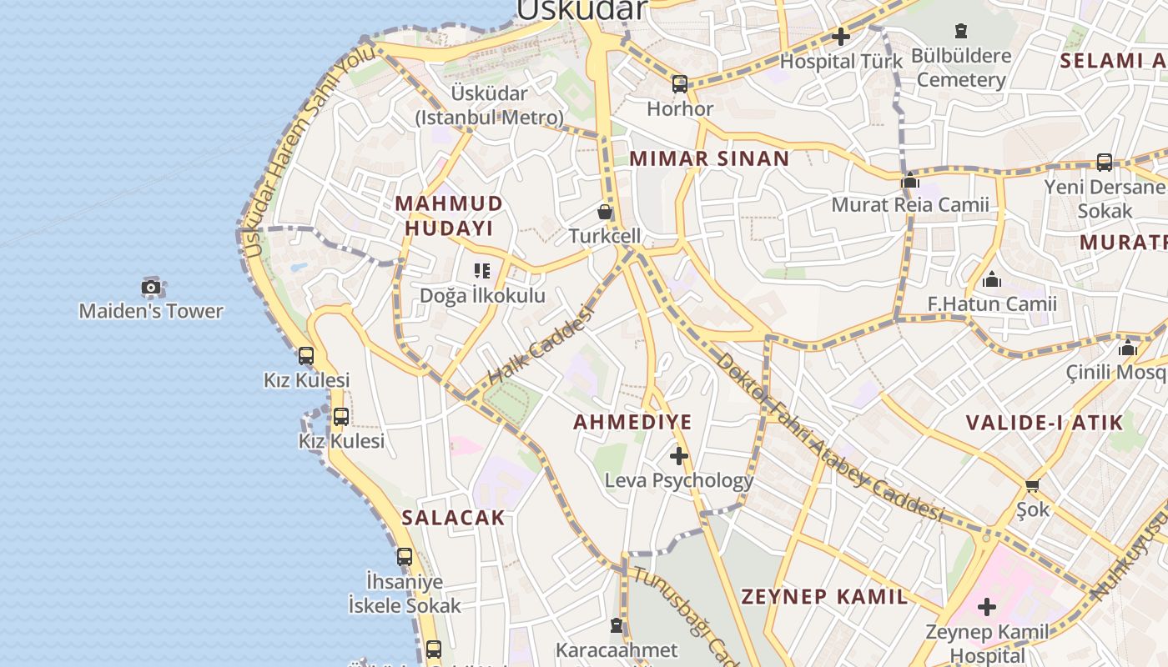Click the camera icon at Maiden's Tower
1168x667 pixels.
[151, 288]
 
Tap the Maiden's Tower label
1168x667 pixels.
[151, 311]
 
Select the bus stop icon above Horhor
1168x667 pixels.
[680, 83]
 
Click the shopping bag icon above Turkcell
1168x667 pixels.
[605, 212]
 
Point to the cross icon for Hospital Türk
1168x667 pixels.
[841, 37]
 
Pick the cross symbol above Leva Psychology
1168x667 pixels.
[679, 456]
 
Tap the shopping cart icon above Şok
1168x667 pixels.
[1033, 485]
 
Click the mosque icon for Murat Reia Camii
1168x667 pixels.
[910, 180]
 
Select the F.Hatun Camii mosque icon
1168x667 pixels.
[992, 279]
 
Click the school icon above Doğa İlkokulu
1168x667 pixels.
[482, 271]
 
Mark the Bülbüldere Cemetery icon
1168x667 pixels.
[961, 32]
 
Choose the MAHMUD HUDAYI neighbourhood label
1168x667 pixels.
[449, 216]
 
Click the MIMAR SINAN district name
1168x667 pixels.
[709, 158]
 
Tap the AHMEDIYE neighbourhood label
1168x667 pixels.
[632, 422]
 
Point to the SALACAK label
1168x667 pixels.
[453, 518]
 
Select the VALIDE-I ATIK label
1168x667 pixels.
[1045, 422]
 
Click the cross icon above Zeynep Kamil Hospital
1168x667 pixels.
[987, 607]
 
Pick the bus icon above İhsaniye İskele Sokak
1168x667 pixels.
[405, 556]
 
